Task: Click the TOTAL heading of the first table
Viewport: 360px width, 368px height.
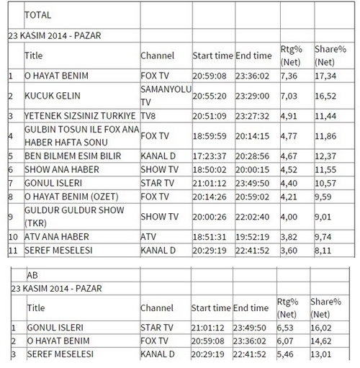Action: [x=37, y=14]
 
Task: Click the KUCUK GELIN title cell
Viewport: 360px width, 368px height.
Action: [x=52, y=95]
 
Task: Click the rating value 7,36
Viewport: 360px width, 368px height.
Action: [x=287, y=75]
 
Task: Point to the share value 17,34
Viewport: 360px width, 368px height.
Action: [x=325, y=75]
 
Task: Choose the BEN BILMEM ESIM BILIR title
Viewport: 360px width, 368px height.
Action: [x=73, y=156]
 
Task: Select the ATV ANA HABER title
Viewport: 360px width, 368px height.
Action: [x=58, y=235]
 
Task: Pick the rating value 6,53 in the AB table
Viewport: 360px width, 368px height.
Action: [x=287, y=328]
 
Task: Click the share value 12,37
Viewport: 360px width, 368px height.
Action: [x=325, y=156]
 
